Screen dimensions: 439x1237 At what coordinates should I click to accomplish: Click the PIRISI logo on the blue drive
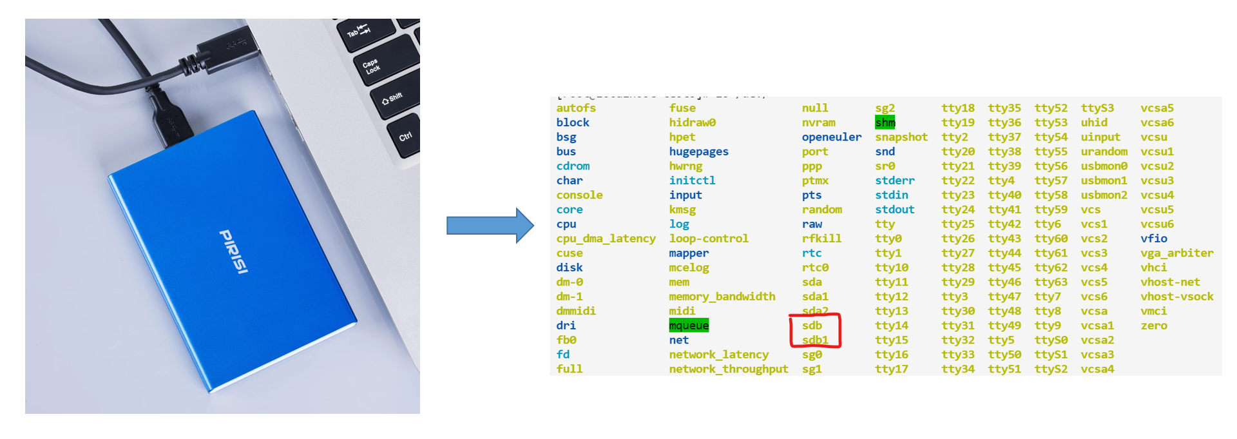[x=234, y=251]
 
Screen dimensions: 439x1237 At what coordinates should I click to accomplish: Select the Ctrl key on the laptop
[x=405, y=136]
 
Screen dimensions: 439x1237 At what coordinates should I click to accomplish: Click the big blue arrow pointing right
[x=490, y=226]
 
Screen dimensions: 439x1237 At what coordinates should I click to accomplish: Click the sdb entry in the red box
[x=812, y=326]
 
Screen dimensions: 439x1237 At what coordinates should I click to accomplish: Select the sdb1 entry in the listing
[x=815, y=340]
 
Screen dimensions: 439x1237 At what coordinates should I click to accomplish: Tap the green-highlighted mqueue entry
[x=689, y=326]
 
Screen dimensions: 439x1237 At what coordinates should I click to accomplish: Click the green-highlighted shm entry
[x=885, y=122]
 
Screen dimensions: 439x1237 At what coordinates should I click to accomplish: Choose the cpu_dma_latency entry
[x=606, y=239]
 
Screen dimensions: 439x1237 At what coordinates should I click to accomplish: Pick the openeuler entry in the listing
[x=831, y=137]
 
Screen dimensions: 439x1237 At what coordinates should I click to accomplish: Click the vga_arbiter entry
[x=1176, y=253]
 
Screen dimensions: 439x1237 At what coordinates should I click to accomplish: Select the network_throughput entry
[x=728, y=369]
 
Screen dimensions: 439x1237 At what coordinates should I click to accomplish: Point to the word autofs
[x=576, y=108]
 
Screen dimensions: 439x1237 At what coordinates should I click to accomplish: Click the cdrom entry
[x=573, y=166]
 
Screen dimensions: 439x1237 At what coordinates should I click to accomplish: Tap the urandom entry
[x=1104, y=151]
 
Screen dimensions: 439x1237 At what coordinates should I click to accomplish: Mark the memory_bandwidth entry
[x=722, y=297]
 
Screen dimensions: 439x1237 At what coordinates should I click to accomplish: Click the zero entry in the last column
[x=1153, y=326]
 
